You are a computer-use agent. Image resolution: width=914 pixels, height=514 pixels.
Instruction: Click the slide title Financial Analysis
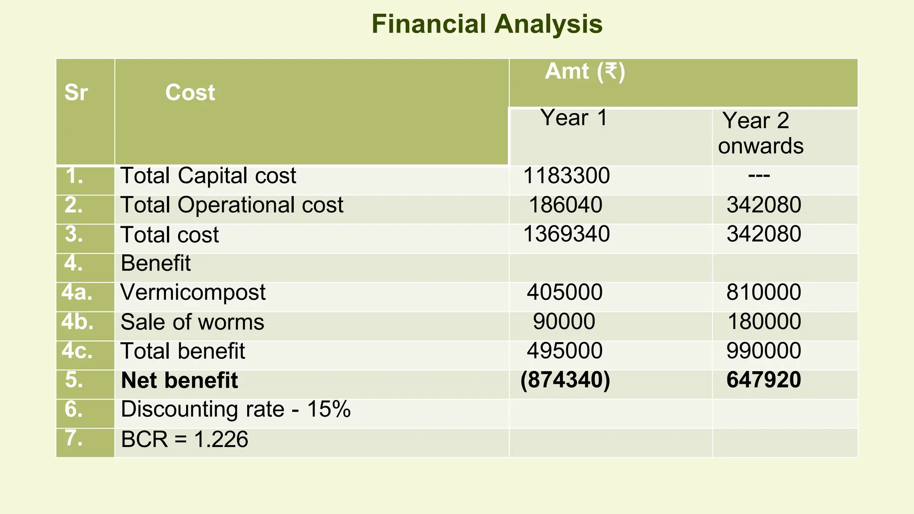pos(487,24)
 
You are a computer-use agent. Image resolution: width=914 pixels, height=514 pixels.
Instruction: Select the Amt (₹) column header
pos(585,71)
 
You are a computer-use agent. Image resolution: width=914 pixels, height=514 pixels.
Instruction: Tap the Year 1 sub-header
pos(574,118)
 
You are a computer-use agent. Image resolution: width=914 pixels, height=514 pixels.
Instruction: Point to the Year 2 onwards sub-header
pos(760,133)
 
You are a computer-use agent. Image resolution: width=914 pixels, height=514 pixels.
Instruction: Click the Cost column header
pos(190,93)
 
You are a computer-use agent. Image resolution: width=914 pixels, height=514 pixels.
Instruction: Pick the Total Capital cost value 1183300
pos(566,176)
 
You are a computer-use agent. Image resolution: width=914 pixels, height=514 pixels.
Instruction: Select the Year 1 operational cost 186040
pos(565,205)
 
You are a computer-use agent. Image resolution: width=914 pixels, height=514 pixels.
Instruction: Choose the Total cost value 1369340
pos(566,234)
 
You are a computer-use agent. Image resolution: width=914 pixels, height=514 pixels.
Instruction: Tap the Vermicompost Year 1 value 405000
pos(565,293)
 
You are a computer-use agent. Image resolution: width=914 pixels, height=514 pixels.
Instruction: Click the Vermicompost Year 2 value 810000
pos(764,293)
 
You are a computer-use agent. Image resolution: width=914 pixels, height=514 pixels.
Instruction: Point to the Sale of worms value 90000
pos(564,322)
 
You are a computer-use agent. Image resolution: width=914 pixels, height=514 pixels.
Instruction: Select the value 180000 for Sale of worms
pos(764,322)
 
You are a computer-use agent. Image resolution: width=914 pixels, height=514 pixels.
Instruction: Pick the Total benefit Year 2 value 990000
pos(764,351)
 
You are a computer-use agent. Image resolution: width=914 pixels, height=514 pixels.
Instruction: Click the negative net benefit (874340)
pos(565,380)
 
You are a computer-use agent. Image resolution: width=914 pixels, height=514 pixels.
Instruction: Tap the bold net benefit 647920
pos(764,380)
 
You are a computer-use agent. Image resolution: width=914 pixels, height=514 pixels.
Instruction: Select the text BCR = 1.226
pos(184,439)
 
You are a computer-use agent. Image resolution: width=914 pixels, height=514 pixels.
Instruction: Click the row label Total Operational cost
pos(232,205)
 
